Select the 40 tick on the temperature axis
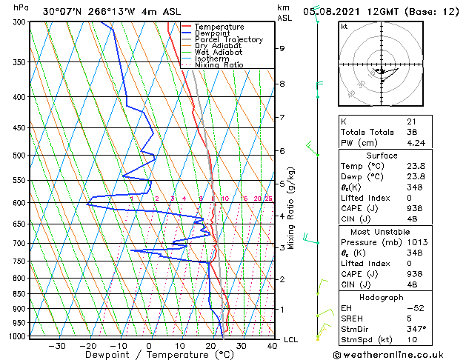click(272, 345)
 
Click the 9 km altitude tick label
click(282, 48)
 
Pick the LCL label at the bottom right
click(291, 339)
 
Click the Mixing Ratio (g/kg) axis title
click(291, 208)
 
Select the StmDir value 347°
click(416, 328)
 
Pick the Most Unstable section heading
click(382, 232)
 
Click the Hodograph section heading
click(382, 297)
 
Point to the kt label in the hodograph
click(344, 27)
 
